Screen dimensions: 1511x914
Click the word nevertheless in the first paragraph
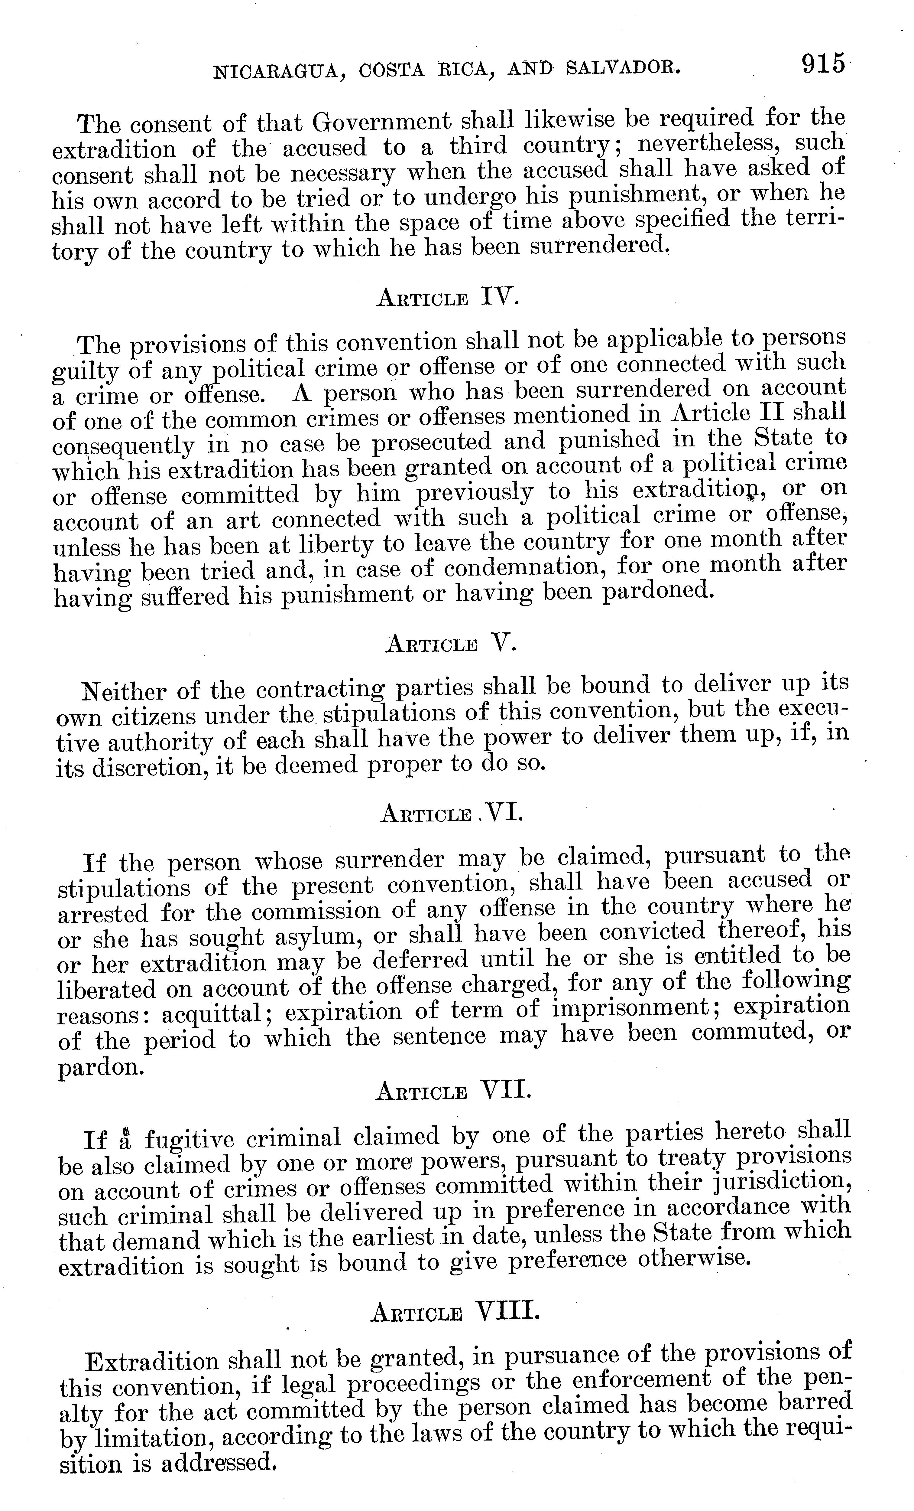710,145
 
